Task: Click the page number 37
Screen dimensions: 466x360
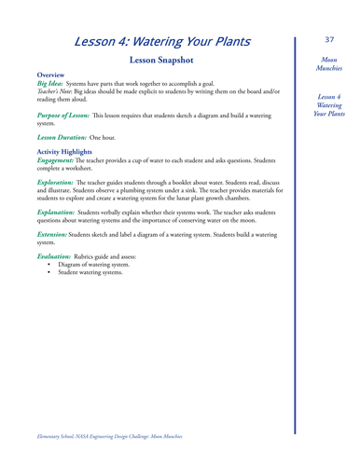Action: [329, 40]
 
